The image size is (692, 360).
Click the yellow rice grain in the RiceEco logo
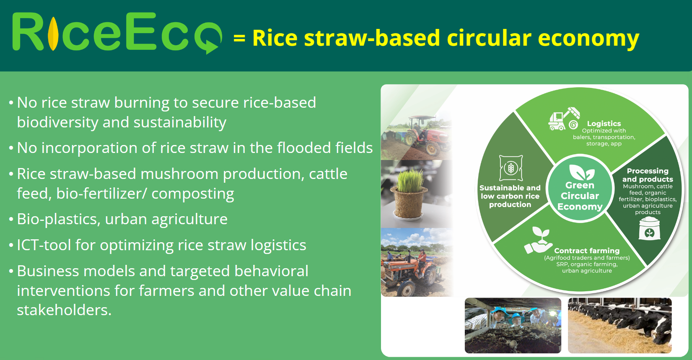click(54, 34)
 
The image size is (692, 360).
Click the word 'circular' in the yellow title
click(489, 38)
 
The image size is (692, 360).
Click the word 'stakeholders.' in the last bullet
click(64, 310)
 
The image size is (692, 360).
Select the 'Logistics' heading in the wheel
click(604, 124)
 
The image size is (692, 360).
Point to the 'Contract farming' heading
click(587, 251)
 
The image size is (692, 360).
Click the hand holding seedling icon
click(538, 241)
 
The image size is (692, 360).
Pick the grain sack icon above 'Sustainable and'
click(511, 168)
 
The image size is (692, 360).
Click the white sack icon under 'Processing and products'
click(649, 229)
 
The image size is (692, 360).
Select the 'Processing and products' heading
click(648, 175)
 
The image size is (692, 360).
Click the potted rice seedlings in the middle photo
click(409, 194)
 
